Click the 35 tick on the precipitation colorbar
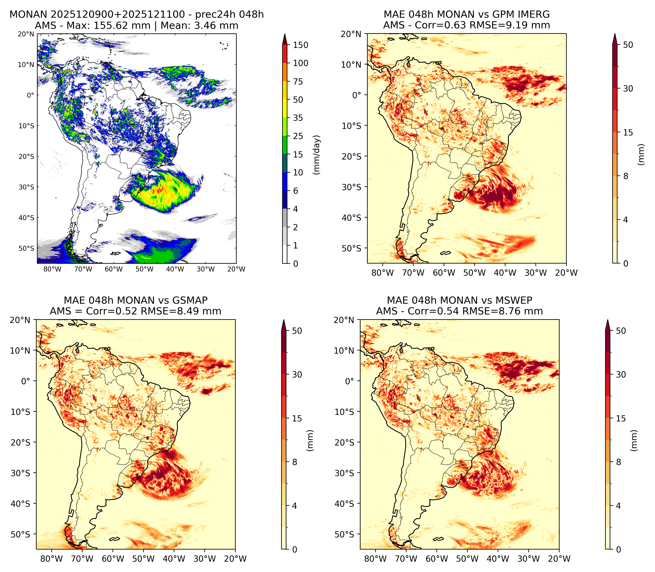tap(298, 118)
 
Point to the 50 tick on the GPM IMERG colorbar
tap(628, 45)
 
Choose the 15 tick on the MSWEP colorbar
tap(621, 418)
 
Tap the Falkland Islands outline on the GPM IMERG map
tap(445, 253)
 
